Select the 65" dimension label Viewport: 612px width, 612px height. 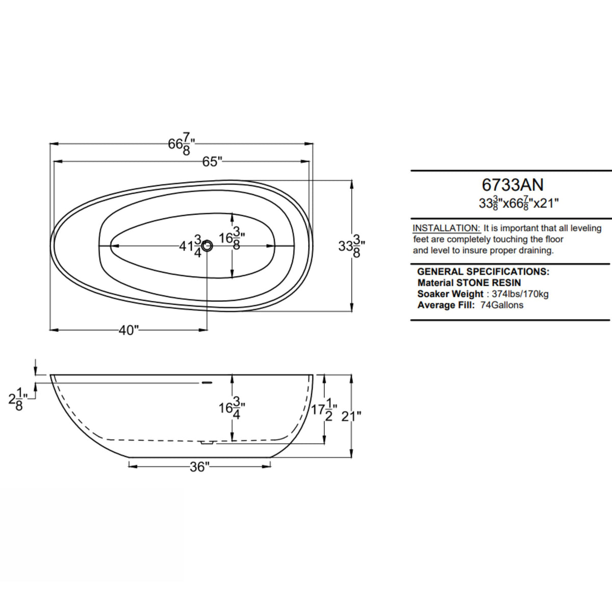(x=212, y=162)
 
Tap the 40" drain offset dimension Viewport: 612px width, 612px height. (x=129, y=330)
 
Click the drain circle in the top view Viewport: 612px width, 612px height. (x=207, y=246)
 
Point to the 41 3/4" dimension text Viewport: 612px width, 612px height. (x=191, y=246)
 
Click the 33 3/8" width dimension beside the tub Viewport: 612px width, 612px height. (x=351, y=245)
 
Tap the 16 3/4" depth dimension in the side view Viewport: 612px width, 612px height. (x=232, y=407)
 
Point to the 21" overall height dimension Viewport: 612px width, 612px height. (x=351, y=416)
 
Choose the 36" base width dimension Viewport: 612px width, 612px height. (x=199, y=467)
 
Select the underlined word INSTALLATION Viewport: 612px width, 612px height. (x=446, y=228)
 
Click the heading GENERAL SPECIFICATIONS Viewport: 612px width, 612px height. (x=483, y=272)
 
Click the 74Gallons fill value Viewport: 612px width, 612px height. (x=501, y=305)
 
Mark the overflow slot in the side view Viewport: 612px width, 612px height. (x=207, y=381)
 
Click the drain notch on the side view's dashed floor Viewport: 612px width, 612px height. (x=206, y=443)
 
